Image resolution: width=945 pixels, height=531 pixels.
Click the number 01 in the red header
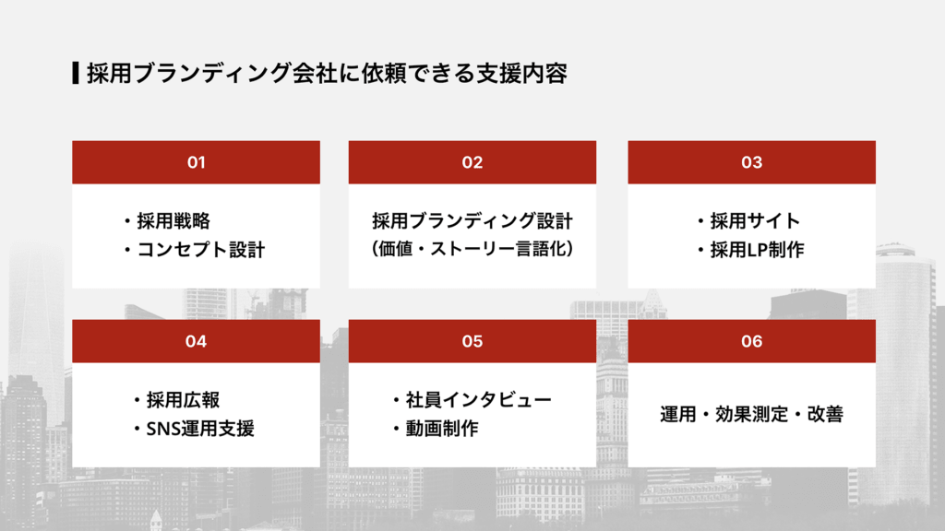point(196,162)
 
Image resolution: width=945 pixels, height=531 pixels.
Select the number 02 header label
point(472,162)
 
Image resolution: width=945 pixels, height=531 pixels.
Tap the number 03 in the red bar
point(751,162)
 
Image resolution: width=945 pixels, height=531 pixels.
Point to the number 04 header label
point(196,341)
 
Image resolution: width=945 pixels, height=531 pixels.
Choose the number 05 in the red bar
point(472,341)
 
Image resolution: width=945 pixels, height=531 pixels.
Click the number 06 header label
point(751,341)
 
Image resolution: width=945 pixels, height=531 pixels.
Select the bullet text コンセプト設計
point(200,250)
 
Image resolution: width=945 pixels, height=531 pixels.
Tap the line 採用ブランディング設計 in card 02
point(472,221)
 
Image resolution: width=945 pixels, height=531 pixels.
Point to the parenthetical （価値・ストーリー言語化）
point(472,250)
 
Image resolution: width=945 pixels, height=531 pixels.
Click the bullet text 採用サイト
point(755,221)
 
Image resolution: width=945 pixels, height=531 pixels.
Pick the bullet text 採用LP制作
point(757,250)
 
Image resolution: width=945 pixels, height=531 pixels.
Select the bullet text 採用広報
point(183,400)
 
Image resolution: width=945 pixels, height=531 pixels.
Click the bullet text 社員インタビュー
point(477,400)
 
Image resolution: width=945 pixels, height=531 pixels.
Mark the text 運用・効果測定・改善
point(751,415)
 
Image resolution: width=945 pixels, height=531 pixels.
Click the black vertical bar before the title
point(75,73)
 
